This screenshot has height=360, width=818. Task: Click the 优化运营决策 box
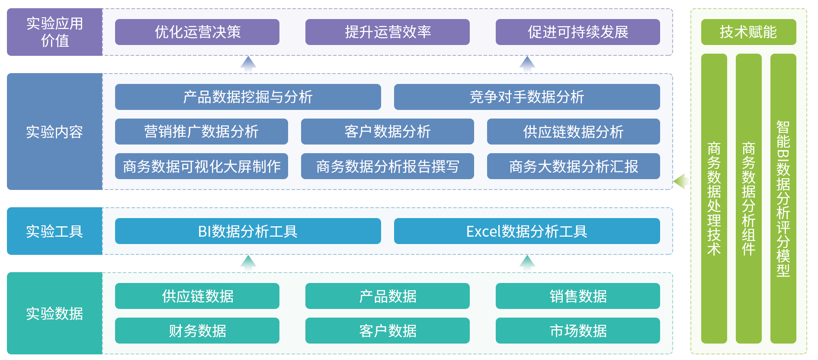(197, 32)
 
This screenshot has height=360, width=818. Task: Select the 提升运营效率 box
(387, 32)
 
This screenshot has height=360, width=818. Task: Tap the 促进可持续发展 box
(577, 32)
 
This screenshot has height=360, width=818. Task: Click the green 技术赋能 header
(748, 32)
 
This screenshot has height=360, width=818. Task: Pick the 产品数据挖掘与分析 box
(248, 97)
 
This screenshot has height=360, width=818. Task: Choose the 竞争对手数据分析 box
(527, 97)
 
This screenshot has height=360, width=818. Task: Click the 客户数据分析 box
(387, 132)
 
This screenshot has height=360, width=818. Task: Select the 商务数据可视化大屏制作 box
(201, 166)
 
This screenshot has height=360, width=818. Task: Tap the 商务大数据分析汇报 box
(573, 166)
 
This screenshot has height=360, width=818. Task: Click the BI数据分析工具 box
(248, 231)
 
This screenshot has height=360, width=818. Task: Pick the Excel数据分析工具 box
(527, 231)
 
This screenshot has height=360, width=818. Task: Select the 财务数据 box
(197, 331)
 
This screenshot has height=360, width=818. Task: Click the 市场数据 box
(577, 331)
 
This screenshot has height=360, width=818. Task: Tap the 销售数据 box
(577, 296)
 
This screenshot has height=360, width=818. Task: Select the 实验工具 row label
(55, 231)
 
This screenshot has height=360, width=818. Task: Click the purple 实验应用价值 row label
(55, 32)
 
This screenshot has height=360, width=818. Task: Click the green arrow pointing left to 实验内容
(681, 181)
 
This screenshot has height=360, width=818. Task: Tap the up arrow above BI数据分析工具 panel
(248, 262)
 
